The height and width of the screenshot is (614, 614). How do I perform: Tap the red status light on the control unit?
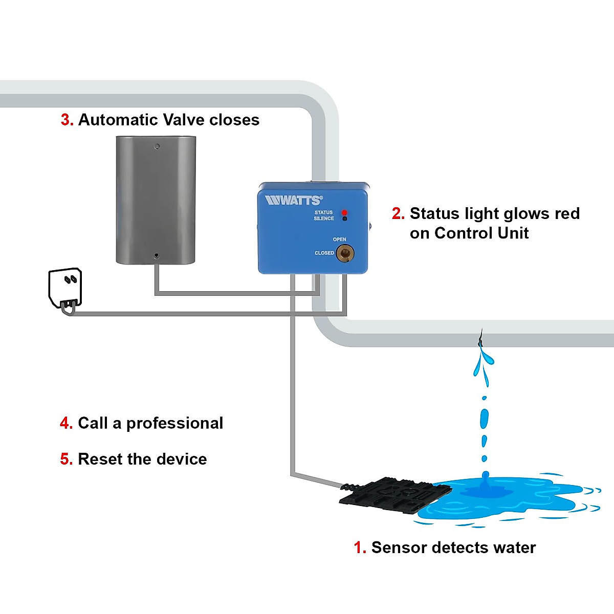point(344,212)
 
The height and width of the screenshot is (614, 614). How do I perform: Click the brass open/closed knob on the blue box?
point(345,253)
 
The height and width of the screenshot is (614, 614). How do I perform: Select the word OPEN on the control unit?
point(339,239)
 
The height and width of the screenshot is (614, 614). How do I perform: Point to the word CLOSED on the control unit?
point(324,253)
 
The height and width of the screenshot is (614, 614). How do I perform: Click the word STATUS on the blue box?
point(323,212)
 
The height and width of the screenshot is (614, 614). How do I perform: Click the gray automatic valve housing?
point(156,200)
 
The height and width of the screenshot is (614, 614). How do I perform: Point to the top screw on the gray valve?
point(157,146)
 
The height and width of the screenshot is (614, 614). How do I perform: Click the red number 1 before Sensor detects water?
point(359,547)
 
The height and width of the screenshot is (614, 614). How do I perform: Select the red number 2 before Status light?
point(398,213)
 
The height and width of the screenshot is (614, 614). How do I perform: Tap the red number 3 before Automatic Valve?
point(67,120)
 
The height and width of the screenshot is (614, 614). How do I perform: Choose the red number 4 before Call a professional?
point(66,423)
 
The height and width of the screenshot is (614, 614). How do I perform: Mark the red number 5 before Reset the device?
point(66,459)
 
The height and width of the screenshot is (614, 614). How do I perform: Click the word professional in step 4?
point(174,424)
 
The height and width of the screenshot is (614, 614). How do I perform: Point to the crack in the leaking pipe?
point(480,339)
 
